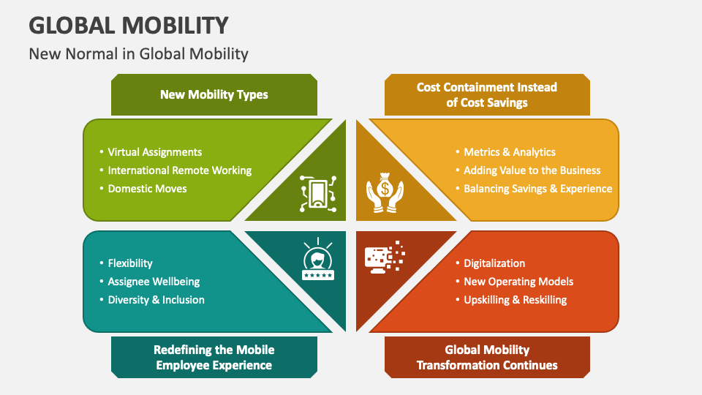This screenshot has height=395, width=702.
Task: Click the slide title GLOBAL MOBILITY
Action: click(x=128, y=25)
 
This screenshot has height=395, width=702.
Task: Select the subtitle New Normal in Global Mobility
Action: click(x=139, y=53)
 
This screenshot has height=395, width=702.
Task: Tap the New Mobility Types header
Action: click(x=214, y=94)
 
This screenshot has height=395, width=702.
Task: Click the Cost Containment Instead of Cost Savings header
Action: click(x=487, y=94)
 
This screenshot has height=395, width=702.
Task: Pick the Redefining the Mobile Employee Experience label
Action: click(x=214, y=357)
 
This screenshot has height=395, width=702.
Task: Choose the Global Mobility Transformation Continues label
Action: click(x=487, y=357)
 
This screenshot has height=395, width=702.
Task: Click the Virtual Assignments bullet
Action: click(x=155, y=152)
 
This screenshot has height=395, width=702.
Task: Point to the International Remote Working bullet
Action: click(x=180, y=170)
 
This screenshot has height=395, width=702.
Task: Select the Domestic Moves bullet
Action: click(x=148, y=189)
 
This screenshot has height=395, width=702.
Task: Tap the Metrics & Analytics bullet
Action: click(x=510, y=152)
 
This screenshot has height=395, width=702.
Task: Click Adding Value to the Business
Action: click(x=532, y=170)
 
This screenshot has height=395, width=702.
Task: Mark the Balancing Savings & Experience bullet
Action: click(x=538, y=189)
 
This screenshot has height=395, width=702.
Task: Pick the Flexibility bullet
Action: click(x=130, y=263)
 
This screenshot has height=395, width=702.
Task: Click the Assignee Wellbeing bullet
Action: click(x=154, y=282)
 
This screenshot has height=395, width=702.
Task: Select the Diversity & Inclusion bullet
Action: click(x=156, y=300)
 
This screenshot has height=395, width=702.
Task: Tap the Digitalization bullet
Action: click(x=494, y=263)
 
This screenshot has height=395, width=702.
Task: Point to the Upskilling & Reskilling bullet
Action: click(x=516, y=300)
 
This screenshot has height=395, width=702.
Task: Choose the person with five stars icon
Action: click(x=318, y=262)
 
